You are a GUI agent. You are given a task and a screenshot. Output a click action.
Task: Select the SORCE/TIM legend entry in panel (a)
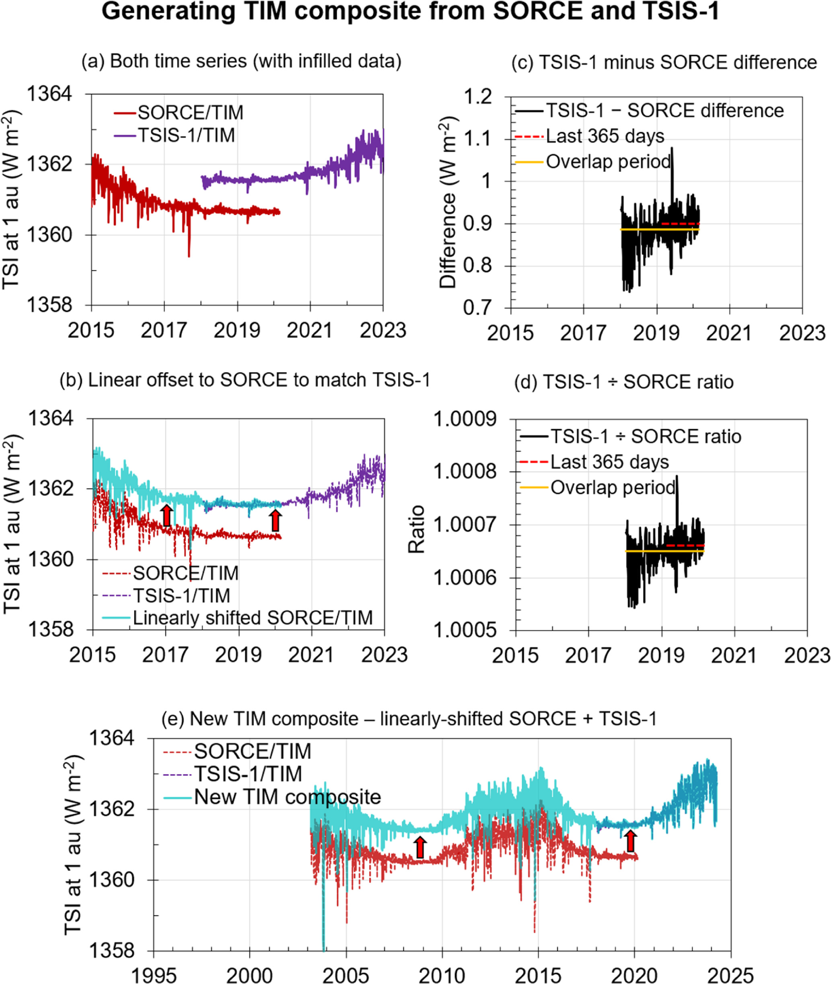point(190,113)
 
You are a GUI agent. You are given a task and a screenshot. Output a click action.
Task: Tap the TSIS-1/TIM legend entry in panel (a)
point(187,136)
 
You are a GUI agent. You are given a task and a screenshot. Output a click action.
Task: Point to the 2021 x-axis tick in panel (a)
point(309,330)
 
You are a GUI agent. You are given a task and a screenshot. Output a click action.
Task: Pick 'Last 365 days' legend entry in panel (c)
point(605,136)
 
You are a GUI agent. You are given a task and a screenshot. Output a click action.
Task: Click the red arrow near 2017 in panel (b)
point(166,515)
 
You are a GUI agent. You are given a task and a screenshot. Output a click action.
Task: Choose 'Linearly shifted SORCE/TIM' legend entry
point(253,618)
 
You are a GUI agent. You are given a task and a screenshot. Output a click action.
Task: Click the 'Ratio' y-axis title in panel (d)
point(416,529)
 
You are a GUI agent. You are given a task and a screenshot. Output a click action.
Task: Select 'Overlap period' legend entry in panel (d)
point(613,488)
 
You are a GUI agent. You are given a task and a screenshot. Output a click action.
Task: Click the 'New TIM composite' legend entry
point(287,797)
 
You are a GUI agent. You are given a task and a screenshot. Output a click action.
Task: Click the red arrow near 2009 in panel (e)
point(420,848)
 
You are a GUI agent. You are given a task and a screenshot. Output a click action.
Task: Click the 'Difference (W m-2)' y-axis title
point(448,202)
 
